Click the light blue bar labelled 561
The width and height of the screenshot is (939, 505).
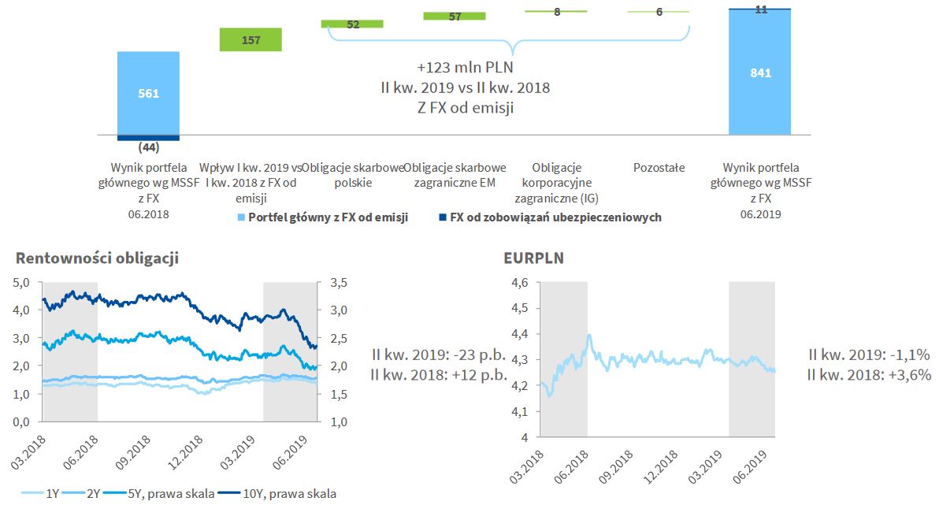coord(148,93)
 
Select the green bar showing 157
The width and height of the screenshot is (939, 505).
coord(251,39)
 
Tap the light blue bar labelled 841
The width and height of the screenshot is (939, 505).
coord(760,73)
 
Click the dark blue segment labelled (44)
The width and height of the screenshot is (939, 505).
coord(148,138)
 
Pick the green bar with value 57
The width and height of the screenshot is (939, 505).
coord(455,16)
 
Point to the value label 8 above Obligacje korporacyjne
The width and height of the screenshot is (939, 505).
coord(557,13)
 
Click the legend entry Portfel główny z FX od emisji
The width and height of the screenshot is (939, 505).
coord(328,217)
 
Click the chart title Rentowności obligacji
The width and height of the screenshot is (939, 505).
coord(98,258)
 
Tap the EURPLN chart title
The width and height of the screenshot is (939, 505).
coord(533,257)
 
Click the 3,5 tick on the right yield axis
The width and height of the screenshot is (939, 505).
coord(336,282)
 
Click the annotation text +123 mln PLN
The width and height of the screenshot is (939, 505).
coord(465,67)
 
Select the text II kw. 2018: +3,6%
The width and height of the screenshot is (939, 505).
coord(870,375)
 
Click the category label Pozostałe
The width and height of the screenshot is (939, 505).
coord(659,168)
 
